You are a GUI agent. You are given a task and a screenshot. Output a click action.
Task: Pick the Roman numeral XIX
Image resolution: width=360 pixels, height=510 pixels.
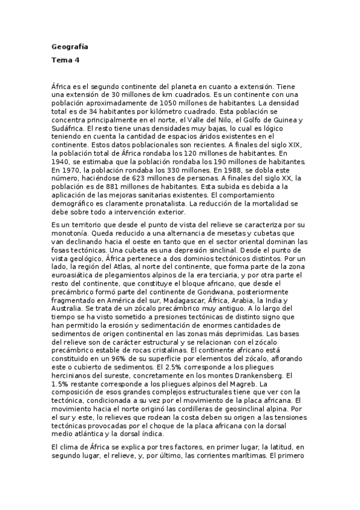click(301, 146)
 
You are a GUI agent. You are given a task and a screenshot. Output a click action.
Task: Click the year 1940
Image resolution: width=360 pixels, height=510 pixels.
click(61, 162)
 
